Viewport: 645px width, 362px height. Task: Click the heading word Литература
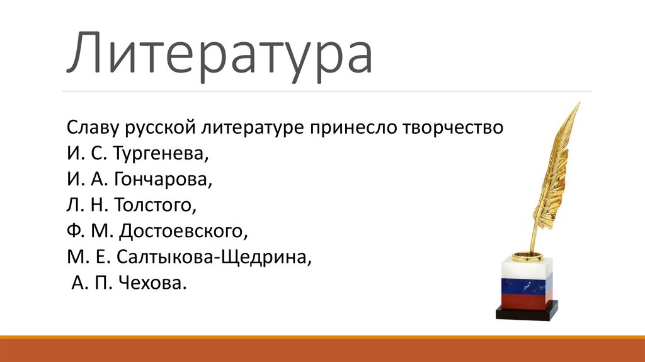pyautogui.click(x=220, y=55)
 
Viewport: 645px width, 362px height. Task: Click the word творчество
pyautogui.click(x=450, y=128)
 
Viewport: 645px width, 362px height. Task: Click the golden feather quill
pyautogui.click(x=554, y=170)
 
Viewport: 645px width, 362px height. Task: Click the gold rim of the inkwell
pyautogui.click(x=526, y=255)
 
